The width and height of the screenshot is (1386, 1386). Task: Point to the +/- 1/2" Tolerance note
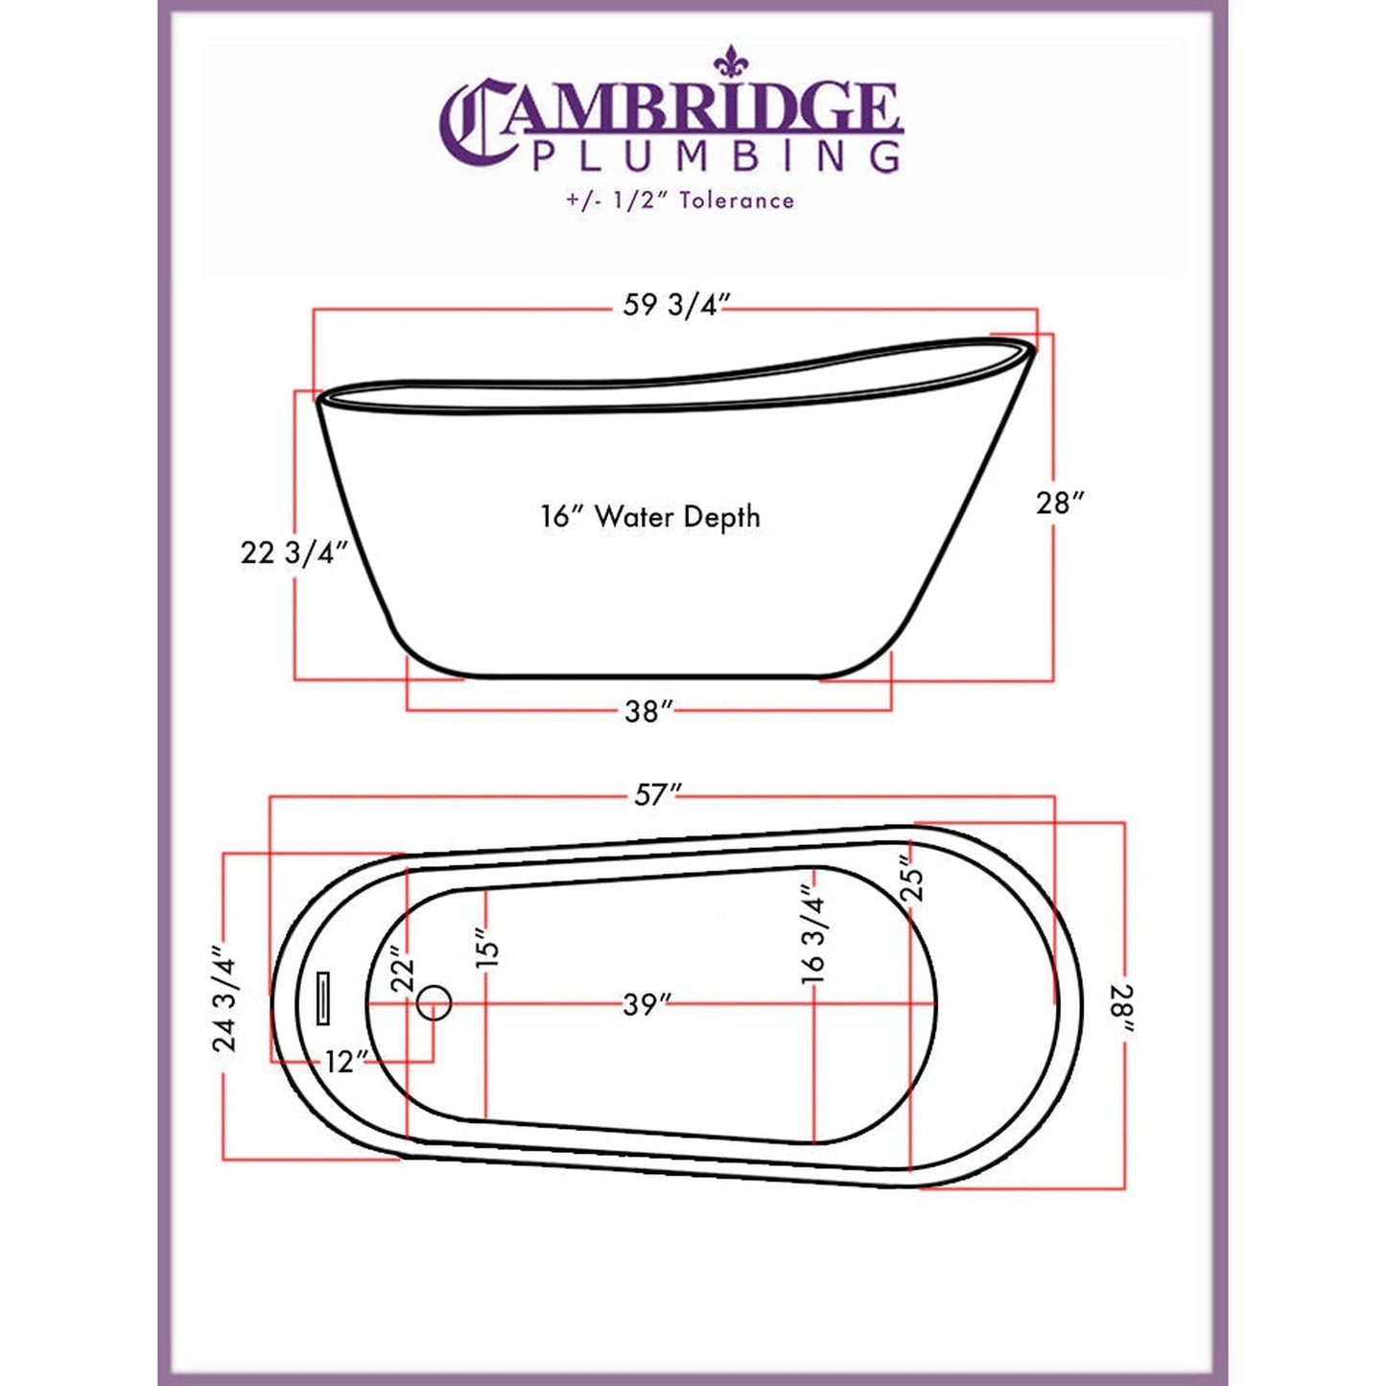click(x=679, y=200)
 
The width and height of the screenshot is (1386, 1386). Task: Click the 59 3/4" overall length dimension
click(x=676, y=305)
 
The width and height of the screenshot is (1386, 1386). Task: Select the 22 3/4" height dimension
click(x=294, y=553)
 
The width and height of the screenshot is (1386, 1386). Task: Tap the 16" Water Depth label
click(x=650, y=517)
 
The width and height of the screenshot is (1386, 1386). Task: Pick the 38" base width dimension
click(x=648, y=712)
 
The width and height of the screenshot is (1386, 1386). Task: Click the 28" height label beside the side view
click(x=1060, y=503)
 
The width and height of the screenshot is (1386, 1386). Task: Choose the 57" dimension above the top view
click(x=658, y=795)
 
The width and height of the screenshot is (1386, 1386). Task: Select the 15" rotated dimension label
click(x=487, y=947)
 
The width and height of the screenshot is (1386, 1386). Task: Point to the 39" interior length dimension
click(x=646, y=1005)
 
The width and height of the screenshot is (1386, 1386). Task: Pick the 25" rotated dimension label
click(x=912, y=877)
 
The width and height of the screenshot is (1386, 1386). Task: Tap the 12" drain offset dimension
click(x=346, y=1062)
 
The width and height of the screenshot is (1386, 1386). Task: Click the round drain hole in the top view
click(x=435, y=1003)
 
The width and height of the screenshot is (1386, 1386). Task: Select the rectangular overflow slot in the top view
click(x=323, y=998)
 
